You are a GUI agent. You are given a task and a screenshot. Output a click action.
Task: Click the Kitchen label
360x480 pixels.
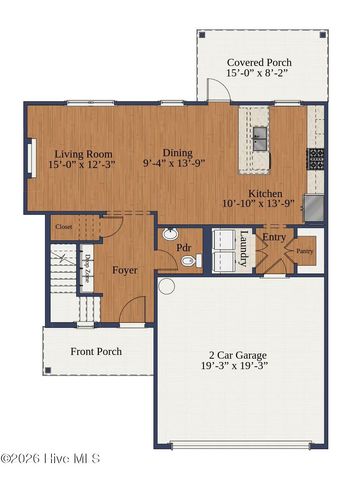(x=265, y=193)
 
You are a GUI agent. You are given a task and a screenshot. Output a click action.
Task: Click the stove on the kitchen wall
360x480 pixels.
(x=316, y=157)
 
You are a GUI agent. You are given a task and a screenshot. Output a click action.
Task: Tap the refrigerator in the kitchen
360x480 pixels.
(x=314, y=206)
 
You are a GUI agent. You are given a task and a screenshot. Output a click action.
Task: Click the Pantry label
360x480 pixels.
(x=305, y=252)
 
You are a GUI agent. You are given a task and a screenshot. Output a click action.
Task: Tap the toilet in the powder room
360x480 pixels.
(x=189, y=261)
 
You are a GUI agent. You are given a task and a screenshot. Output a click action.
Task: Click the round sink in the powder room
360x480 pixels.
(x=167, y=235)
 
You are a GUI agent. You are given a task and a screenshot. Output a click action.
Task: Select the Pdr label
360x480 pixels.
(x=184, y=246)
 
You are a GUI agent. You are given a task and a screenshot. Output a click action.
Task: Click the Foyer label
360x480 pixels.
(x=125, y=270)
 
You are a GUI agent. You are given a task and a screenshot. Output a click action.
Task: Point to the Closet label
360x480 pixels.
(x=64, y=227)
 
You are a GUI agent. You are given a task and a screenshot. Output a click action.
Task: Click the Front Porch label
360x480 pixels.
(x=95, y=351)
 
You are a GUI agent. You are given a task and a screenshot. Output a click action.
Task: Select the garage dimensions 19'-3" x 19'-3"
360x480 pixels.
(x=242, y=367)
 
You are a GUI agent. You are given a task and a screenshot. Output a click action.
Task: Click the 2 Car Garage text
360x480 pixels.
(x=242, y=354)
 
